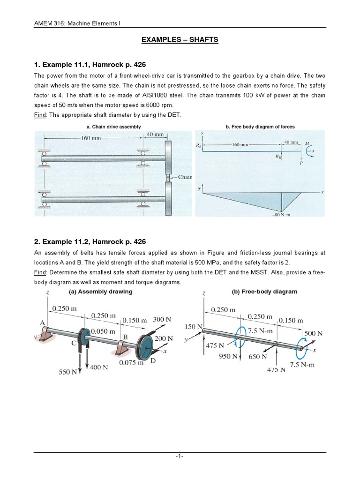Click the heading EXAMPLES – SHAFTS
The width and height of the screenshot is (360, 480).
(x=180, y=40)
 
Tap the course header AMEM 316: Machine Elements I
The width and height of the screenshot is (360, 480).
(x=78, y=24)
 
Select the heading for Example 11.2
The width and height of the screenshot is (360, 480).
(x=90, y=241)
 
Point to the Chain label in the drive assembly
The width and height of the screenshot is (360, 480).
(x=185, y=177)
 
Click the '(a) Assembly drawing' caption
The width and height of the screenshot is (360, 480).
(x=100, y=292)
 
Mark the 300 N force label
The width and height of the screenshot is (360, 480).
(x=162, y=319)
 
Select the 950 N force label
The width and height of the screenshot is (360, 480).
(x=228, y=356)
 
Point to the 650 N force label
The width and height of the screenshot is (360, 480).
(x=257, y=356)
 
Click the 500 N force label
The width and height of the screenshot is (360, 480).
(x=314, y=333)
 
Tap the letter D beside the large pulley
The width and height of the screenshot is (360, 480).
(x=152, y=361)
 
